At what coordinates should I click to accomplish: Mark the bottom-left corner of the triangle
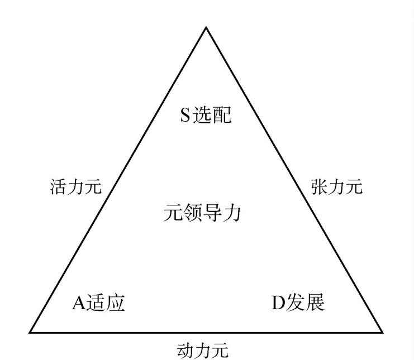pos(30,332)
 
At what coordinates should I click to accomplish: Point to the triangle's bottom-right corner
pos(383,332)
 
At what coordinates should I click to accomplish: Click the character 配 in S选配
pos(221,116)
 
